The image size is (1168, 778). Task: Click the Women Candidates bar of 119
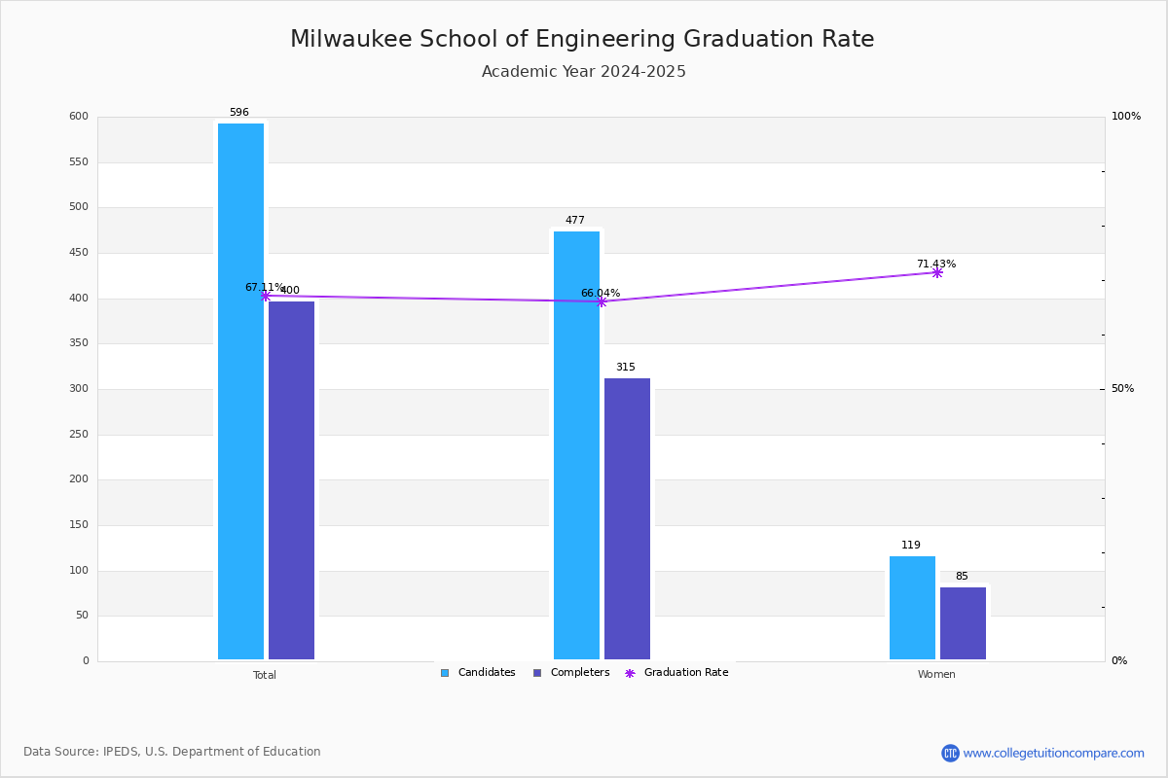pos(912,608)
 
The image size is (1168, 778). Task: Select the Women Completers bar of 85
pos(963,623)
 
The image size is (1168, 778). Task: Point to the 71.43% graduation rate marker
pos(936,272)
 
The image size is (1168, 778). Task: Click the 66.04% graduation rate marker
pos(601,301)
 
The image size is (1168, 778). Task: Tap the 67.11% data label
pos(264,288)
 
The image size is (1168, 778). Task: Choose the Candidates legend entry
pos(478,673)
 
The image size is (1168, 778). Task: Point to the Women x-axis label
pos(936,675)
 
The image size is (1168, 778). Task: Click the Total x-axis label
pos(265,675)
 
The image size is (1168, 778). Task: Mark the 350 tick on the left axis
pos(78,343)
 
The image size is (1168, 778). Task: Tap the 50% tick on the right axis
pos(1122,389)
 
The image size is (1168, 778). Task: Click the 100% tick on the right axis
pos(1125,117)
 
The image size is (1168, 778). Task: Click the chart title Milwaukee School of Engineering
pos(582,40)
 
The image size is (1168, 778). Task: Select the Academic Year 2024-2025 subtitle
pos(584,72)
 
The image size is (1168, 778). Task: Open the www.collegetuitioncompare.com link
pos(1053,753)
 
